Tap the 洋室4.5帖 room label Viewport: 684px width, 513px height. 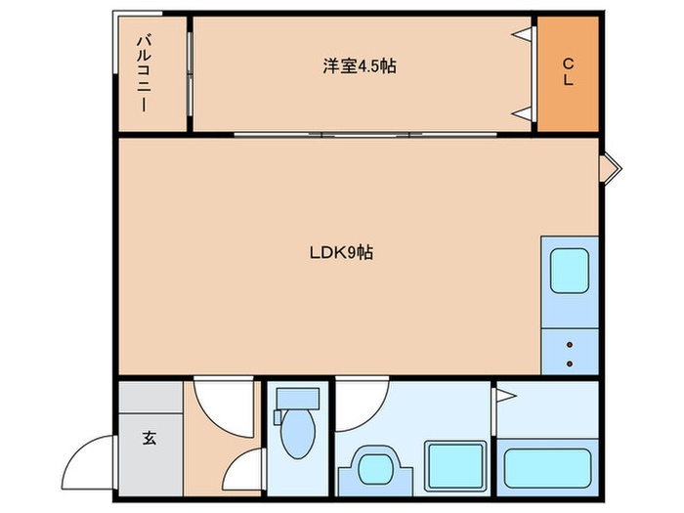(x=360, y=66)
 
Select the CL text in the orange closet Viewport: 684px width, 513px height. (x=567, y=72)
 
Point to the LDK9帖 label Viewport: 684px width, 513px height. (x=341, y=252)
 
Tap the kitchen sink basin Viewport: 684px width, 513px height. (x=568, y=271)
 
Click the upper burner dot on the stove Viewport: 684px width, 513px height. (x=570, y=343)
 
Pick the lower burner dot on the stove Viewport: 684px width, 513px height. (x=570, y=363)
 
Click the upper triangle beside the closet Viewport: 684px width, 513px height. (x=524, y=35)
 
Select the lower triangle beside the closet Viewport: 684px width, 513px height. (x=524, y=114)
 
